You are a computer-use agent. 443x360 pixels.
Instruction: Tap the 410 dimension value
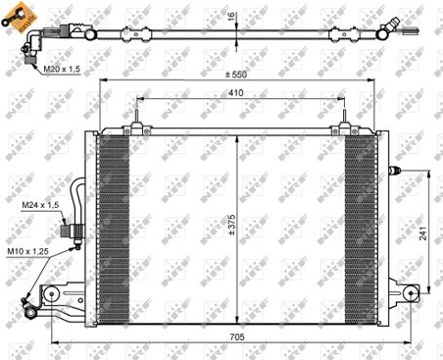237,94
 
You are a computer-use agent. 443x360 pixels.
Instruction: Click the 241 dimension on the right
422,236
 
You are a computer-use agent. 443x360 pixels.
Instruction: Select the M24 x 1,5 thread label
42,205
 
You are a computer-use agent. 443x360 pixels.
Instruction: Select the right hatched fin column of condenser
360,210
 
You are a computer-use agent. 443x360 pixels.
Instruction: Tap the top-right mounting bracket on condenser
345,129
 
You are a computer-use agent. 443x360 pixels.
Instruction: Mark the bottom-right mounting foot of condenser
401,292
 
